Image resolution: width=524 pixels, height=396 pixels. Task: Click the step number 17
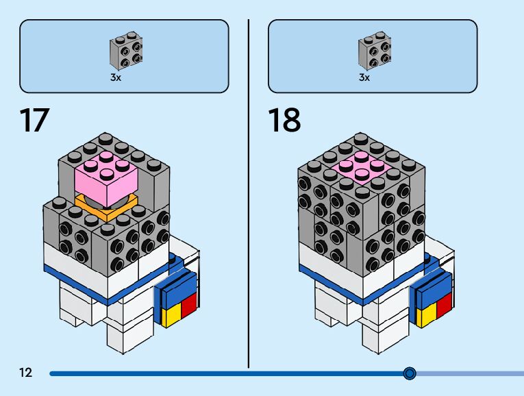pyautogui.click(x=34, y=120)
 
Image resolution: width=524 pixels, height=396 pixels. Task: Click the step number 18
pyautogui.click(x=284, y=120)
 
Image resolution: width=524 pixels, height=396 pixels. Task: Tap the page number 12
pyautogui.click(x=26, y=372)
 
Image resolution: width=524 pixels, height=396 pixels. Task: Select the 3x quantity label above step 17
pyautogui.click(x=116, y=77)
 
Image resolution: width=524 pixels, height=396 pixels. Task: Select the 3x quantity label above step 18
pyautogui.click(x=364, y=77)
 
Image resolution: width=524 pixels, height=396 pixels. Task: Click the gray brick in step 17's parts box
pyautogui.click(x=126, y=51)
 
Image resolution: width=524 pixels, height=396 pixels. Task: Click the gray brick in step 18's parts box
pyautogui.click(x=375, y=51)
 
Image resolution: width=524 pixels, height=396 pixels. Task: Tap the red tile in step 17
pyautogui.click(x=189, y=305)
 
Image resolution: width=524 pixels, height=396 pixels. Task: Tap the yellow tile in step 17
pyautogui.click(x=171, y=315)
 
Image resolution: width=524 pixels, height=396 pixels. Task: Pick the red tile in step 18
pyautogui.click(x=445, y=306)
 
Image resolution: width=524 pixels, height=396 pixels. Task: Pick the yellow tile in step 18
pyautogui.click(x=427, y=315)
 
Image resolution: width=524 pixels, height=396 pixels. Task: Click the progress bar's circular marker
pyautogui.click(x=410, y=373)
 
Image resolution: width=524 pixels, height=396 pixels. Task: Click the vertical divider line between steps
pyautogui.click(x=249, y=193)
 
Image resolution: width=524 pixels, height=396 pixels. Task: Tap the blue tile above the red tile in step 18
pyautogui.click(x=434, y=290)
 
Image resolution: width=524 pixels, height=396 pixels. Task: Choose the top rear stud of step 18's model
pyautogui.click(x=360, y=138)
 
